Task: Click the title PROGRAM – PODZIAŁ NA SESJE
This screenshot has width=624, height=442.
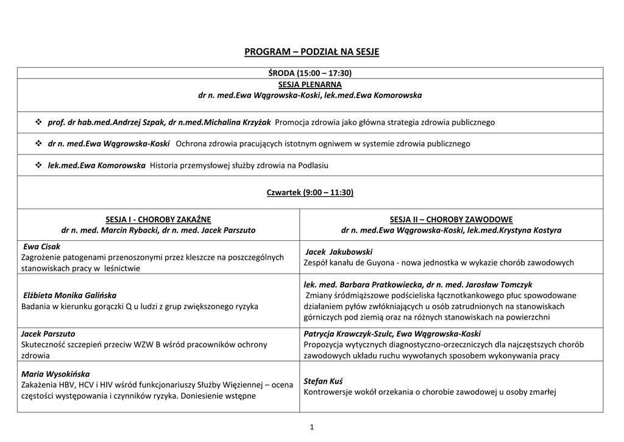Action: tap(311, 52)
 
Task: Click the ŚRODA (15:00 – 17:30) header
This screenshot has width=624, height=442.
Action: tap(310, 73)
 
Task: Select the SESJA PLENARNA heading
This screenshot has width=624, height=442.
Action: tap(310, 84)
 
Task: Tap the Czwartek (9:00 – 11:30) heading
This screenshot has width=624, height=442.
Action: tap(310, 193)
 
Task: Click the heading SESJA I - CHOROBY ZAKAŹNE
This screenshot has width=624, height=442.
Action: tap(158, 219)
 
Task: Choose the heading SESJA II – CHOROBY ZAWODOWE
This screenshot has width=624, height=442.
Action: tap(451, 219)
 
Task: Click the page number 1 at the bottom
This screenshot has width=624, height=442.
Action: tap(311, 427)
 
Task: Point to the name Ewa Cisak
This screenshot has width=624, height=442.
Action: tap(41, 247)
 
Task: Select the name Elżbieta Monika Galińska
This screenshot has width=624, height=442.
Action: tap(69, 295)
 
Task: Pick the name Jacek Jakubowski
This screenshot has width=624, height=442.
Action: tap(338, 252)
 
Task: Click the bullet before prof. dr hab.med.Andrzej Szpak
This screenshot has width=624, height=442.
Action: tap(38, 123)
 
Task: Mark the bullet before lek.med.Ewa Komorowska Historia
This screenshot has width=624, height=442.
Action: tap(38, 165)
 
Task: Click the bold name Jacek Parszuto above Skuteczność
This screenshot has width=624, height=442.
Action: tap(48, 334)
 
